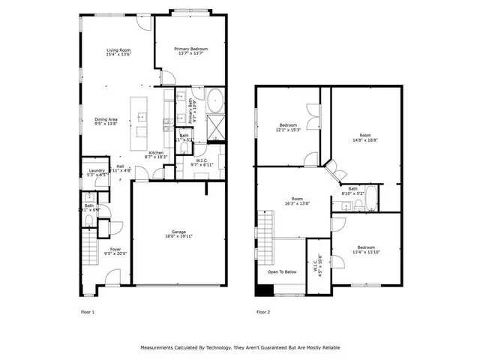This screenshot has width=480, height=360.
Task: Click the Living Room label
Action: click(119, 49)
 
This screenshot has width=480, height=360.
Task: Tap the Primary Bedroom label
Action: click(190, 49)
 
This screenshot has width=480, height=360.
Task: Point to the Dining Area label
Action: click(106, 119)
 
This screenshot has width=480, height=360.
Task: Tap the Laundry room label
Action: click(96, 170)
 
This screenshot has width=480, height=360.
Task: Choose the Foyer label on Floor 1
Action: click(115, 250)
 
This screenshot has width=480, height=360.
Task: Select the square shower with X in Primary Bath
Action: click(215, 125)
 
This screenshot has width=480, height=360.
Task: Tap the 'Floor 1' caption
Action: click(88, 311)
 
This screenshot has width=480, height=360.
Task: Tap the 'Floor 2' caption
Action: click(263, 311)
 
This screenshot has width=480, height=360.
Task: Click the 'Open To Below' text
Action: click(282, 272)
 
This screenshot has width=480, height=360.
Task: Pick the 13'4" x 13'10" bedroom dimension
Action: click(366, 253)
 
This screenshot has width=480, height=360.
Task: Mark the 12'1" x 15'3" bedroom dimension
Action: click(289, 130)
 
